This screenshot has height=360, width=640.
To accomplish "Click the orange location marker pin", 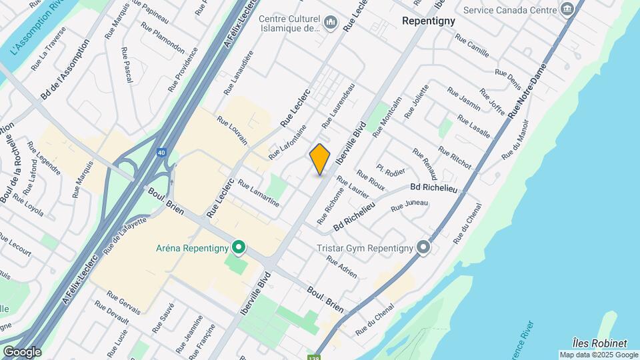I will (x=320, y=159).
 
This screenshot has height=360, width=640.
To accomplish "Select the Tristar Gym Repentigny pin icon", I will (x=423, y=248).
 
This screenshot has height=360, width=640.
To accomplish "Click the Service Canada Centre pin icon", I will (x=568, y=9).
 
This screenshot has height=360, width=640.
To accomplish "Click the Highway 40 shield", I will (x=162, y=153).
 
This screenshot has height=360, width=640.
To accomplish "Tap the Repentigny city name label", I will (x=429, y=21).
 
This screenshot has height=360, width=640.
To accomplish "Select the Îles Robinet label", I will (x=599, y=343).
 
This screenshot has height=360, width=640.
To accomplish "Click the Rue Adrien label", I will (x=342, y=267).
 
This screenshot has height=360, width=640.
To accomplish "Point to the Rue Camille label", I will (x=473, y=47).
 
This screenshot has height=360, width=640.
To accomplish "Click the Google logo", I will (x=22, y=352).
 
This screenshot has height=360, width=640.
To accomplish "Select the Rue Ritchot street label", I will (x=455, y=157).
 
